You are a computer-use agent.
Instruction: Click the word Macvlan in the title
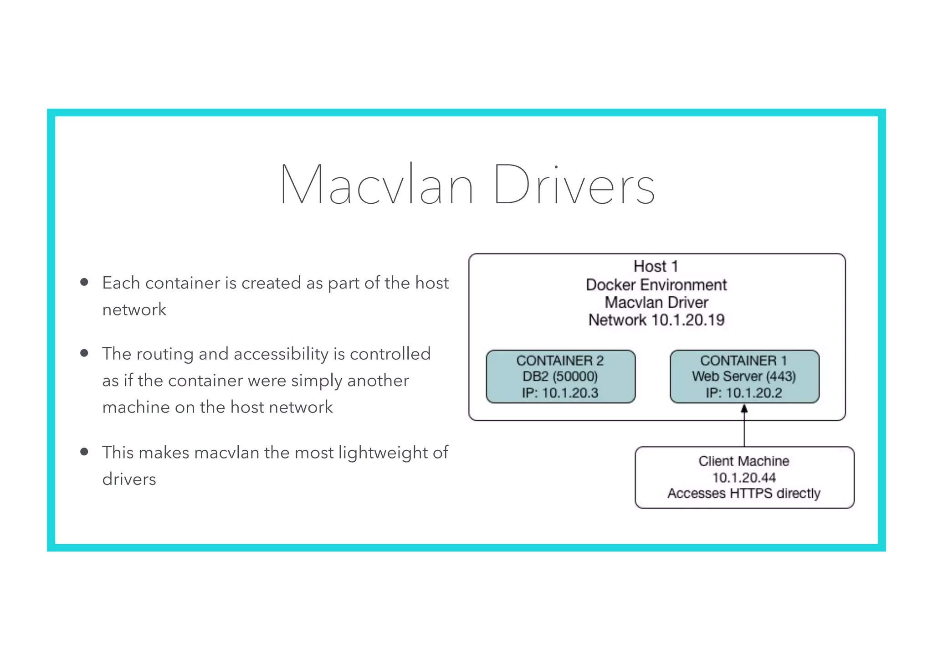click(377, 185)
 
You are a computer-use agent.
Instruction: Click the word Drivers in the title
click(574, 185)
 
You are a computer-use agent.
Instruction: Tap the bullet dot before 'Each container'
click(84, 282)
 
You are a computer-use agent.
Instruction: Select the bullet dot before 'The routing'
click(84, 353)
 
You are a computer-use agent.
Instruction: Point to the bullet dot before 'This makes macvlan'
click(84, 452)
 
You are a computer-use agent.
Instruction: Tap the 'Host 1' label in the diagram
click(656, 266)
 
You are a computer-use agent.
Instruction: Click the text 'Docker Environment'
click(656, 284)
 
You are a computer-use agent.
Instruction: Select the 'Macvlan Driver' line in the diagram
click(656, 302)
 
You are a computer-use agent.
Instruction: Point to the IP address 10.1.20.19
click(688, 320)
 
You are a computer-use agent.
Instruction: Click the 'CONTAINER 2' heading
click(560, 361)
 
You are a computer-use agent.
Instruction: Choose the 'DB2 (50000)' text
click(560, 376)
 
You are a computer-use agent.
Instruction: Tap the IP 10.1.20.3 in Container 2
click(570, 393)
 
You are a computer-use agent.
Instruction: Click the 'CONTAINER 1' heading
click(743, 361)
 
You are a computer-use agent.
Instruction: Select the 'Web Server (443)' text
click(743, 376)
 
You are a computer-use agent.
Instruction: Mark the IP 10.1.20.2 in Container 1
click(754, 393)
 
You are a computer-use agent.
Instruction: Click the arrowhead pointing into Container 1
click(744, 409)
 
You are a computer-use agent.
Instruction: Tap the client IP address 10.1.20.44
click(744, 478)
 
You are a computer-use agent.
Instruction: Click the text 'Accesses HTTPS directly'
click(744, 494)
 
